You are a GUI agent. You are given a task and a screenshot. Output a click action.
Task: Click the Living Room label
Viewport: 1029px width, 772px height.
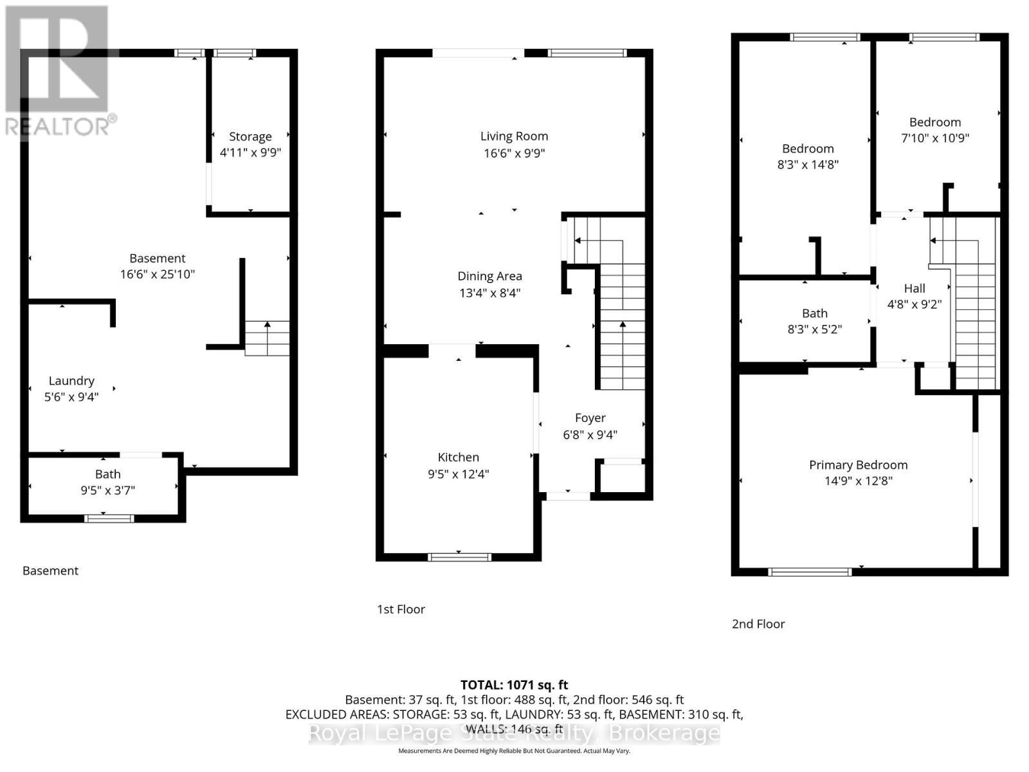click(514, 136)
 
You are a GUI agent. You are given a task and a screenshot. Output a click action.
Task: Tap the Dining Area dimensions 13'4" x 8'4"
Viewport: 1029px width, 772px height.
click(490, 293)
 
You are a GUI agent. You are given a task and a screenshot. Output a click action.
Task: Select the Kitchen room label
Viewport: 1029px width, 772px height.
click(458, 457)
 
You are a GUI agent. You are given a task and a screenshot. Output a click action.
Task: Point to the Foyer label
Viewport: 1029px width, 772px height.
click(590, 418)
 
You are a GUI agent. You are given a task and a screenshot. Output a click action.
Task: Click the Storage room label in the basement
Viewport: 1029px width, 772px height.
click(250, 137)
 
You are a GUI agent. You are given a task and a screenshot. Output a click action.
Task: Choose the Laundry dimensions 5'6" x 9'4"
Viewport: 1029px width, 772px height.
click(71, 397)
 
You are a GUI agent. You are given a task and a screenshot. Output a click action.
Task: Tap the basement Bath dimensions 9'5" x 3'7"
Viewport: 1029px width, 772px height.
click(108, 490)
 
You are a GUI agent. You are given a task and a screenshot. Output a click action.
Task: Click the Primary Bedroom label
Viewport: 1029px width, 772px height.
click(858, 465)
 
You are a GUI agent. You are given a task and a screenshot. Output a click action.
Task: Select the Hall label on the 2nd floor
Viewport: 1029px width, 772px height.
click(914, 288)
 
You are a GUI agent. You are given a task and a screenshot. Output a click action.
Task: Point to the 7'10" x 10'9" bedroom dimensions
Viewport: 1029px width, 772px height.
click(934, 138)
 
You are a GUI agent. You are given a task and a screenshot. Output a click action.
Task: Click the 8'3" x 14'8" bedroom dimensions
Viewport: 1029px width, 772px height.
click(808, 165)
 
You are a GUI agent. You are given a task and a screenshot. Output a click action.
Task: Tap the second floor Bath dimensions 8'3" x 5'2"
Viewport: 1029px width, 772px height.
click(814, 329)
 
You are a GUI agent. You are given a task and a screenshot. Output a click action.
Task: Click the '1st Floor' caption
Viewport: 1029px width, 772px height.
click(401, 609)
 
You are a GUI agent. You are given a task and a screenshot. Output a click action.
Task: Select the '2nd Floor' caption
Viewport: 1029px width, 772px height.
click(758, 624)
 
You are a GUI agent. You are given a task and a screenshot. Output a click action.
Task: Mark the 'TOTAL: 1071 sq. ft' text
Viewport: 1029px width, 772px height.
click(514, 685)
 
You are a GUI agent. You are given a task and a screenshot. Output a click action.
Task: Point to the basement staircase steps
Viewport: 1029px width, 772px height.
click(267, 338)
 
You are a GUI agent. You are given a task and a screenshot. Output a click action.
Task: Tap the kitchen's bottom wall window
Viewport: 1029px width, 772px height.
click(459, 557)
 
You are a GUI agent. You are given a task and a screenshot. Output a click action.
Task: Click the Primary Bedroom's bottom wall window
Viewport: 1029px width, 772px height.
click(810, 572)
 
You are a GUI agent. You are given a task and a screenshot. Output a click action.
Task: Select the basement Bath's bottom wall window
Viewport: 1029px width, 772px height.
click(109, 519)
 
